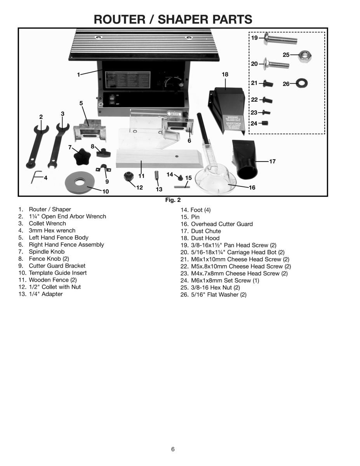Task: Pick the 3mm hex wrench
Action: pyautogui.click(x=36, y=177)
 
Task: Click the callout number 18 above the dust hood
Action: pyautogui.click(x=225, y=74)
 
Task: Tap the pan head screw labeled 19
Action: pyautogui.click(x=280, y=39)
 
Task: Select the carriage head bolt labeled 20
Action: pyautogui.click(x=277, y=64)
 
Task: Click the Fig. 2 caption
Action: pyautogui.click(x=173, y=200)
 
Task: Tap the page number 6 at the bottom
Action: pyautogui.click(x=173, y=449)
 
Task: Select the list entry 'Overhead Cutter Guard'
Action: pyautogui.click(x=221, y=224)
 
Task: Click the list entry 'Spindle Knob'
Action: pyautogui.click(x=47, y=252)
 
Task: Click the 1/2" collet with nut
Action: pyautogui.click(x=129, y=177)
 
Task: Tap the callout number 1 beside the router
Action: pyautogui.click(x=79, y=75)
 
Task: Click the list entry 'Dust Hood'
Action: pyautogui.click(x=205, y=238)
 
